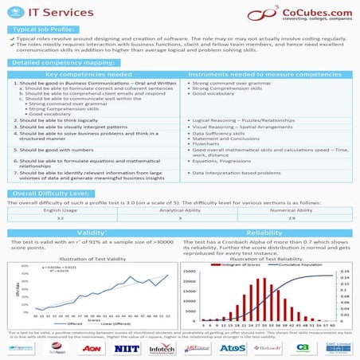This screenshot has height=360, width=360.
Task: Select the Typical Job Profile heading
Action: (44, 29)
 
